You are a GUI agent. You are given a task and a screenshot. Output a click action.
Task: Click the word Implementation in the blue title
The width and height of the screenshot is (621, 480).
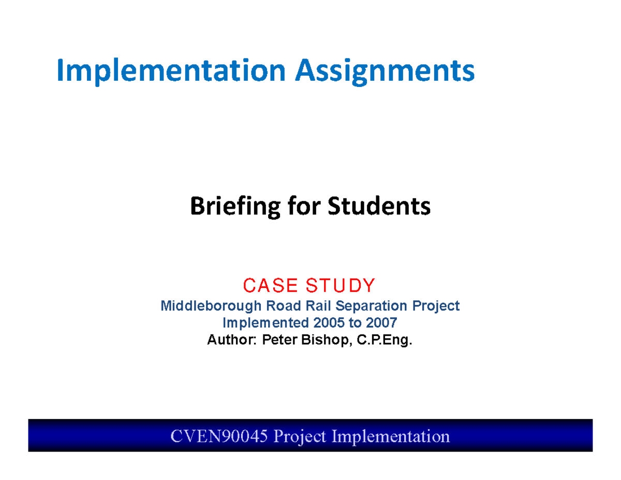click(171, 71)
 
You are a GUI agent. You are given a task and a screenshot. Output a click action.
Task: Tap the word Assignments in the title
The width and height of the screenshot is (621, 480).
click(385, 71)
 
